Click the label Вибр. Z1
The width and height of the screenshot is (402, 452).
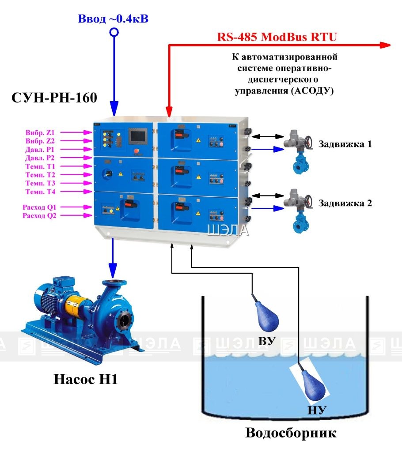(40, 132)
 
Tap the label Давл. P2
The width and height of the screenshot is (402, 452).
(40, 158)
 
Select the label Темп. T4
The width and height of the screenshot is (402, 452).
(40, 192)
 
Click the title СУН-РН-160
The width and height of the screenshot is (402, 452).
(54, 98)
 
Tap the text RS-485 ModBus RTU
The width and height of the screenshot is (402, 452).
(277, 37)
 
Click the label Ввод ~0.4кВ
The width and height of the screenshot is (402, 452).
(113, 19)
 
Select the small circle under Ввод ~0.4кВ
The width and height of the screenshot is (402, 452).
(114, 32)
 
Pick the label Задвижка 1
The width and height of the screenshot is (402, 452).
(345, 144)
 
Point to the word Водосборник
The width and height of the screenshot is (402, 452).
(291, 433)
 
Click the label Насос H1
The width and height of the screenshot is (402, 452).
(86, 379)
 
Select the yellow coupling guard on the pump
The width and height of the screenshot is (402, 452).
(76, 306)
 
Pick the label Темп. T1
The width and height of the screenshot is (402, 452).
(40, 166)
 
